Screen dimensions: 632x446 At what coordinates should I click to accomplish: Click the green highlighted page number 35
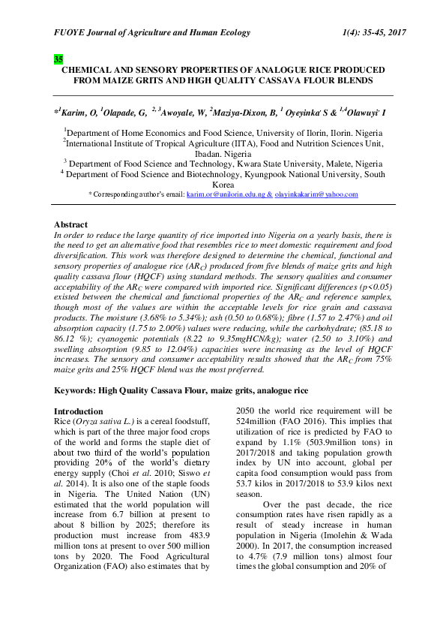click(x=58, y=59)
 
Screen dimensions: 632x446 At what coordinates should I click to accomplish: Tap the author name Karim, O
click(x=74, y=113)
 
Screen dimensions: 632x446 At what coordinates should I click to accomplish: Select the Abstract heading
click(x=71, y=224)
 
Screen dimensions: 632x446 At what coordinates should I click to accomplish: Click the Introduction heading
click(x=79, y=411)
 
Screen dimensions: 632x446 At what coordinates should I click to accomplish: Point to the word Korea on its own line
click(x=223, y=184)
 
